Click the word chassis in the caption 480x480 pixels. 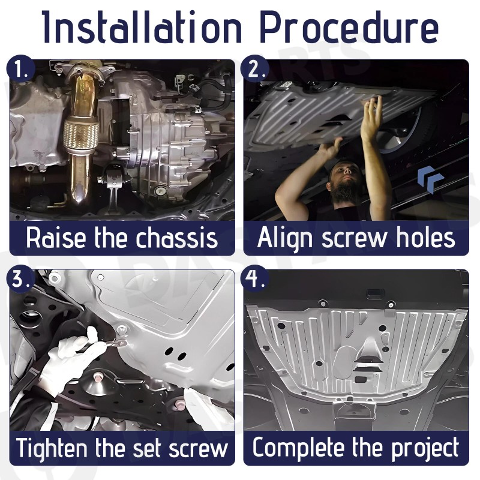click(176, 238)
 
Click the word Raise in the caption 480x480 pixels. click(56, 238)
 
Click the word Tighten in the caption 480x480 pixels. click(52, 448)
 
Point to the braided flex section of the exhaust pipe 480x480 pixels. click(81, 135)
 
